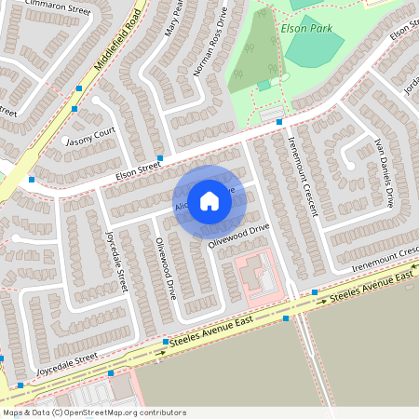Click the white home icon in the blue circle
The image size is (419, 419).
point(209,200)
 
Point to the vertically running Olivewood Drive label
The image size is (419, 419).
point(165,266)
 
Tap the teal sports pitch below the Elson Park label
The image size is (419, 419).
point(313,54)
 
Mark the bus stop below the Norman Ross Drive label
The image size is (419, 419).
point(160,157)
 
